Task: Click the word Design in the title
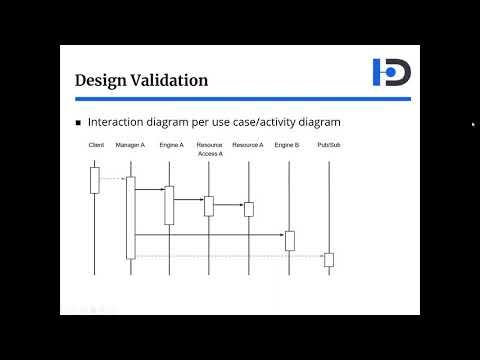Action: point(105,79)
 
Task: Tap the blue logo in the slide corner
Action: point(391,72)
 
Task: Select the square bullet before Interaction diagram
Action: point(79,122)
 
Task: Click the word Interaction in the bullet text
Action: point(117,122)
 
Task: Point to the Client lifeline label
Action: point(96,146)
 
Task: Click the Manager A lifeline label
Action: point(130,146)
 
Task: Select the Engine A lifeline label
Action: point(171,146)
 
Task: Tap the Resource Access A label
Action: point(210,150)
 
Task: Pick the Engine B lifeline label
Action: point(287,146)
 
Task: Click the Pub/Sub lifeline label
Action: point(328,146)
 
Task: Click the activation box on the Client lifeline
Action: point(95,180)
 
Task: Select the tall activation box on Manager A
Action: point(130,217)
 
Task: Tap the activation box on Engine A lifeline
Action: point(169,205)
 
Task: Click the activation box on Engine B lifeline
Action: point(290,240)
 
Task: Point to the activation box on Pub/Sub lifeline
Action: point(329,260)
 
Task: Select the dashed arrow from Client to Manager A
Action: point(113,179)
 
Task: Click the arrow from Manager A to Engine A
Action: point(149,188)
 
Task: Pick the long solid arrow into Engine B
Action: point(210,235)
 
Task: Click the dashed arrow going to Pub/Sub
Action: point(230,257)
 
